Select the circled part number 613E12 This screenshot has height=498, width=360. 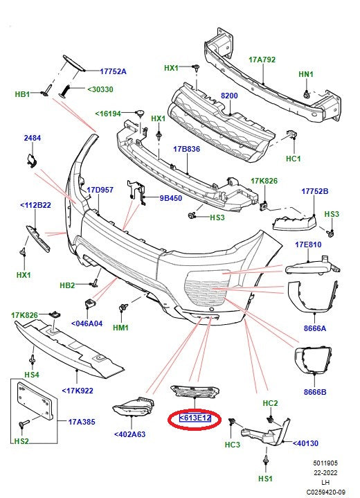pyautogui.click(x=195, y=418)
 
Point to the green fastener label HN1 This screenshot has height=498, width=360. pyautogui.click(x=306, y=74)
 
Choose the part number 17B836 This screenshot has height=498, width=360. pyautogui.click(x=186, y=148)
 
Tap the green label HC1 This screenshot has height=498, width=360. pyautogui.click(x=294, y=159)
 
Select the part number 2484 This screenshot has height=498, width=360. pyautogui.click(x=33, y=139)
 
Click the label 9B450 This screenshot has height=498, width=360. pyautogui.click(x=171, y=198)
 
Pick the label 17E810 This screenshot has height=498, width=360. pyautogui.click(x=310, y=244)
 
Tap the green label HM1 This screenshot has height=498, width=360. pyautogui.click(x=120, y=327)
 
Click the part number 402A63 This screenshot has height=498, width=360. pyautogui.click(x=131, y=435)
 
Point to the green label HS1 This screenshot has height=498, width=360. pyautogui.click(x=266, y=479)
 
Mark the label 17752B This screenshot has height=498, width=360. pyautogui.click(x=315, y=191)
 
